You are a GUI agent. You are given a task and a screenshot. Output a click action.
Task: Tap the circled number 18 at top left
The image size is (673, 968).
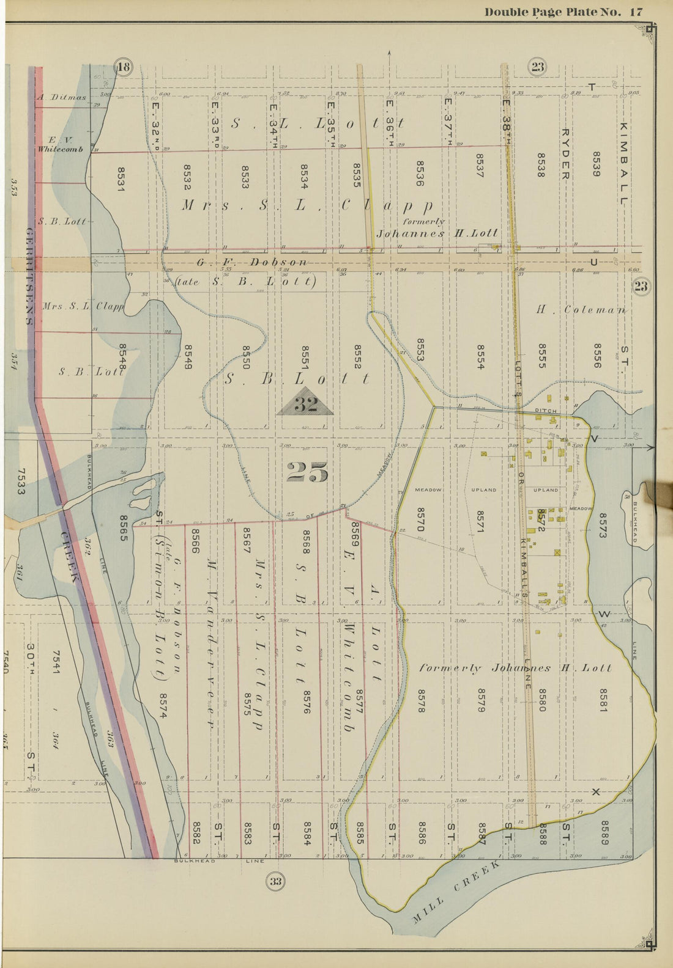click(124, 67)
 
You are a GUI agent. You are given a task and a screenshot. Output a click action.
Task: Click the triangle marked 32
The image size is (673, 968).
click(305, 404)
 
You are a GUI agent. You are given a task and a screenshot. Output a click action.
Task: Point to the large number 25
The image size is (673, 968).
click(307, 471)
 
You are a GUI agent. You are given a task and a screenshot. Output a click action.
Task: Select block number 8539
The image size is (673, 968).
click(595, 164)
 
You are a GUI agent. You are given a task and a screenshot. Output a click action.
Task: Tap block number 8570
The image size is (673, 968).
click(420, 519)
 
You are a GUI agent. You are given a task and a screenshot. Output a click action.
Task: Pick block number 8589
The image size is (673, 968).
click(604, 832)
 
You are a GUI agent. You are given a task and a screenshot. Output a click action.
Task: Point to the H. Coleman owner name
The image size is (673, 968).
click(581, 310)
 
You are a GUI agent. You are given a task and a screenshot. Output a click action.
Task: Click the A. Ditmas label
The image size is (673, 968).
click(61, 97)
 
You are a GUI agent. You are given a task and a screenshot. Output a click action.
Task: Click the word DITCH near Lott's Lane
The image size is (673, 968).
click(545, 411)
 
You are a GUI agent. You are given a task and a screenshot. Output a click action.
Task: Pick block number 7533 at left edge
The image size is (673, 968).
click(20, 482)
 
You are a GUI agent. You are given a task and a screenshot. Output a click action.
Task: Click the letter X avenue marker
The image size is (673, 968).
click(594, 793)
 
